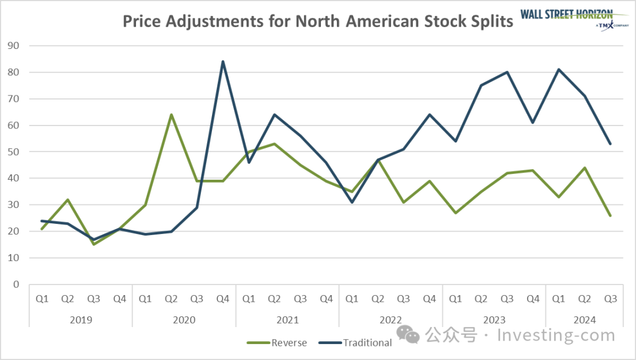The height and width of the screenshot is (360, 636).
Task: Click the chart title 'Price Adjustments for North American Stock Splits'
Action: [x=318, y=22]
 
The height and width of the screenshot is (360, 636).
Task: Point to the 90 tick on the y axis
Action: [x=13, y=45]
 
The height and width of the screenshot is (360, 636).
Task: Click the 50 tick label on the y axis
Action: [x=13, y=151]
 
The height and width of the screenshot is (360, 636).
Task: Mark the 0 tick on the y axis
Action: [x=16, y=284]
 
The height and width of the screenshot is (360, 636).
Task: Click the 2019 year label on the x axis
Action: [x=81, y=320]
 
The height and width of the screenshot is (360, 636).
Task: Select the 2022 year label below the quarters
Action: [x=390, y=320]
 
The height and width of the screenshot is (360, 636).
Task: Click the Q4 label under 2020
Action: [x=223, y=299]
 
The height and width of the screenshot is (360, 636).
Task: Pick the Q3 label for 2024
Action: [x=610, y=299]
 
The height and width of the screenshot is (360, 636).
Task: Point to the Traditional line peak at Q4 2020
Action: [x=223, y=61]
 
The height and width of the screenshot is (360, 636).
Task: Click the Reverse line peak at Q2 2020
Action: [x=171, y=114]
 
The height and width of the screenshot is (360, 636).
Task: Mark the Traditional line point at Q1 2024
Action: [x=558, y=70]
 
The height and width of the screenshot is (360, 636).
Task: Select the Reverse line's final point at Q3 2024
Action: [x=610, y=216]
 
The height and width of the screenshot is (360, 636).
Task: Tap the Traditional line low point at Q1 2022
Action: [x=352, y=202]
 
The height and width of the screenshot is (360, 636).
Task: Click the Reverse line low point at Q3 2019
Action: [x=94, y=244]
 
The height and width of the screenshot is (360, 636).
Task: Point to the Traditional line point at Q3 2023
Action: [x=507, y=72]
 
